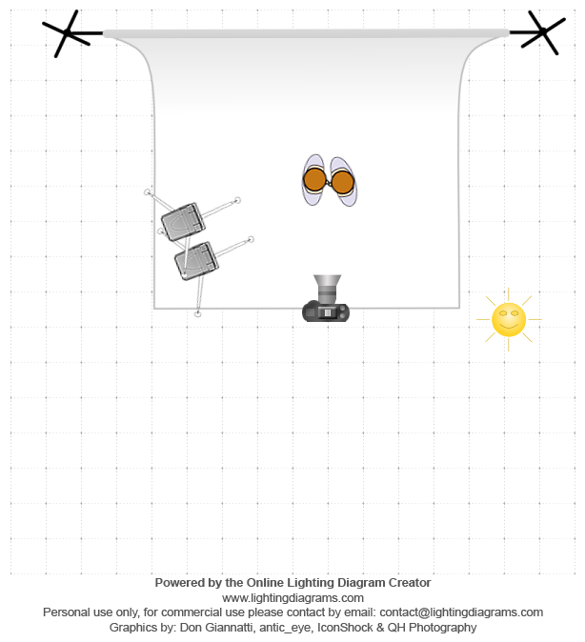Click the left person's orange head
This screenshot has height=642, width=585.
pos(315,179)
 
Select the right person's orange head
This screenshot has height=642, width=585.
pos(342,182)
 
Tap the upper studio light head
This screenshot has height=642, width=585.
pos(182,222)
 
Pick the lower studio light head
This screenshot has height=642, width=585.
pos(195,260)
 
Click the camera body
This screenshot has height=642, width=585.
pos(326,311)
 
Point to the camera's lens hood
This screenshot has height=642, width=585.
pos(327,285)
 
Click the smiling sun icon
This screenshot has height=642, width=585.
pos(509,319)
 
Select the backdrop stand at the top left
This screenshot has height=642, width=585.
pos(69,33)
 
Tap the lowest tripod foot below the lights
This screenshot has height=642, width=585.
pos(197,313)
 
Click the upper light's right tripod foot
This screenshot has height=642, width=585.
pos(237,199)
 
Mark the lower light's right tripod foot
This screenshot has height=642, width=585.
pos(251,239)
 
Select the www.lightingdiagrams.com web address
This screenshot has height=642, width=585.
pos(292,597)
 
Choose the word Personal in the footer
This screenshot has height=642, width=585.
pos(67,612)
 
